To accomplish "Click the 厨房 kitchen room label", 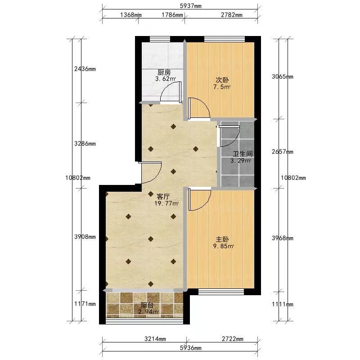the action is pos(164,73).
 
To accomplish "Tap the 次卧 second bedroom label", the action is pos(222,81).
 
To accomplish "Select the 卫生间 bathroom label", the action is pos(243,154).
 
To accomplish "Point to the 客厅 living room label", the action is pos(163,197).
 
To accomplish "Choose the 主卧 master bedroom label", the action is pos(222,239).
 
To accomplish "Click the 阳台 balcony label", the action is pos(147,305).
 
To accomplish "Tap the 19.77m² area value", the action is pos(166,203).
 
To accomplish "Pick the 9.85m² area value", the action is pos(223,246).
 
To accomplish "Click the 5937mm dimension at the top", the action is pos(190,6).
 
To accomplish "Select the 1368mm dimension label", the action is pos(131,15).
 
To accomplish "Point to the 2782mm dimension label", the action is pos(232,15).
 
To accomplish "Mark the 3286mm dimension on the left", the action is pos(85,144).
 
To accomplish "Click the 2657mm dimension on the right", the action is pos(283,152).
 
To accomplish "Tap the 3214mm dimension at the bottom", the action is pos(155,339).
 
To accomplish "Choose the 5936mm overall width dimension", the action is pos(190,348).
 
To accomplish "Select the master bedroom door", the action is pos(199,199).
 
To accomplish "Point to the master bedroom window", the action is pos(221,292).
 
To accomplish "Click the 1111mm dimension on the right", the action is pos(283,305).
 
